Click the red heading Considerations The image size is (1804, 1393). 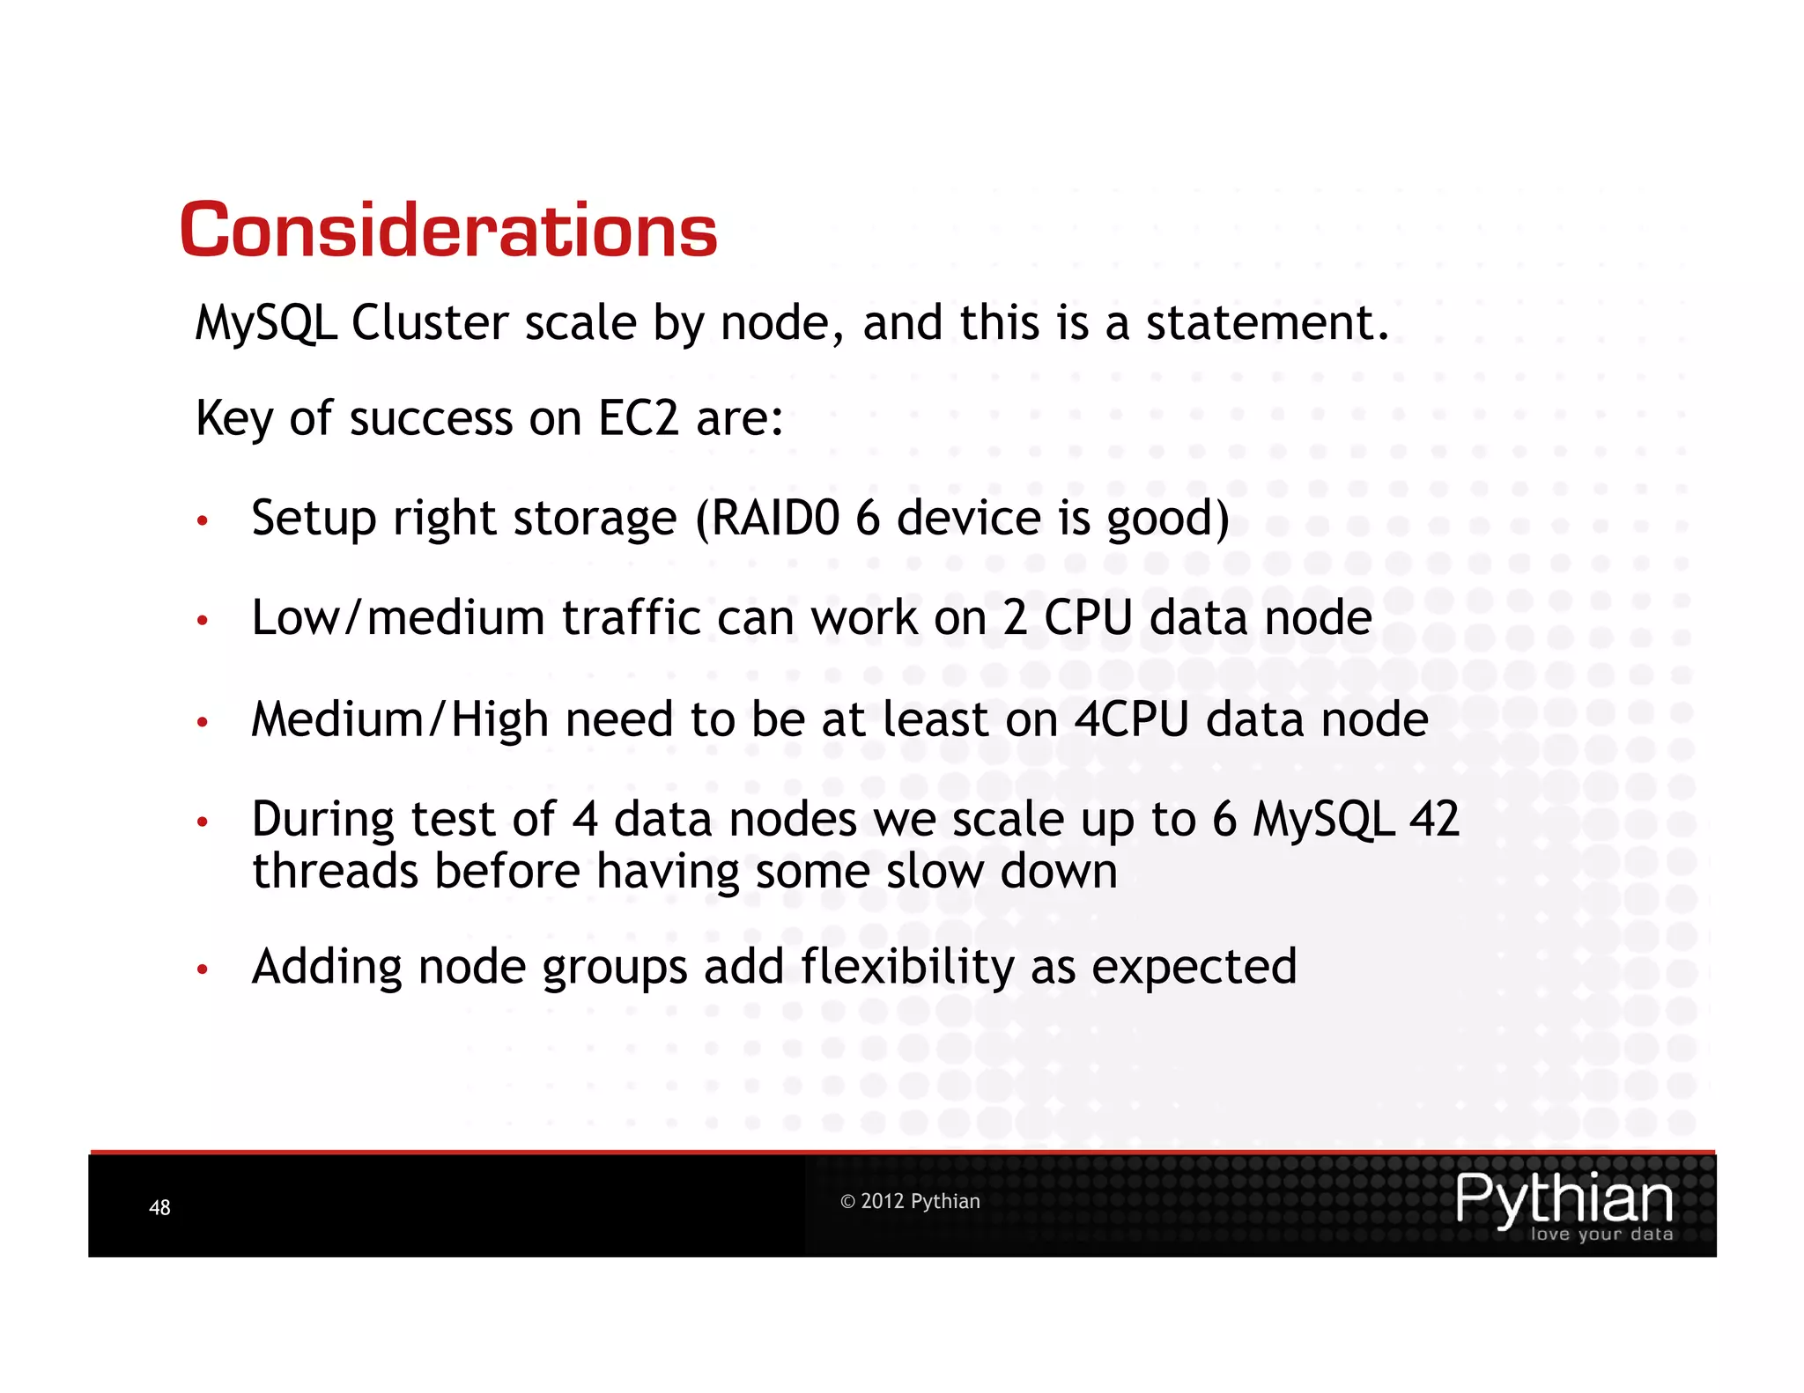tap(448, 231)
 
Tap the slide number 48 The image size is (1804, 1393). tap(159, 1207)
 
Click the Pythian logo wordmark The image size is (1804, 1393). tap(1564, 1198)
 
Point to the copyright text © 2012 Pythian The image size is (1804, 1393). tap(910, 1201)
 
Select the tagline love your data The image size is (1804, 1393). tap(1601, 1235)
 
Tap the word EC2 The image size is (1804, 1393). tap(639, 418)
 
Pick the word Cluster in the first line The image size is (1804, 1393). tap(430, 323)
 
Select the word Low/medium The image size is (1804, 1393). tap(398, 617)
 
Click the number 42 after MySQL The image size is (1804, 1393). tap(1434, 819)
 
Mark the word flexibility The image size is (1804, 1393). tap(907, 967)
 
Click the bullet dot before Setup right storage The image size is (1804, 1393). tap(203, 521)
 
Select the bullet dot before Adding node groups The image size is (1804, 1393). tap(203, 970)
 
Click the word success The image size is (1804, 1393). tap(431, 418)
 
